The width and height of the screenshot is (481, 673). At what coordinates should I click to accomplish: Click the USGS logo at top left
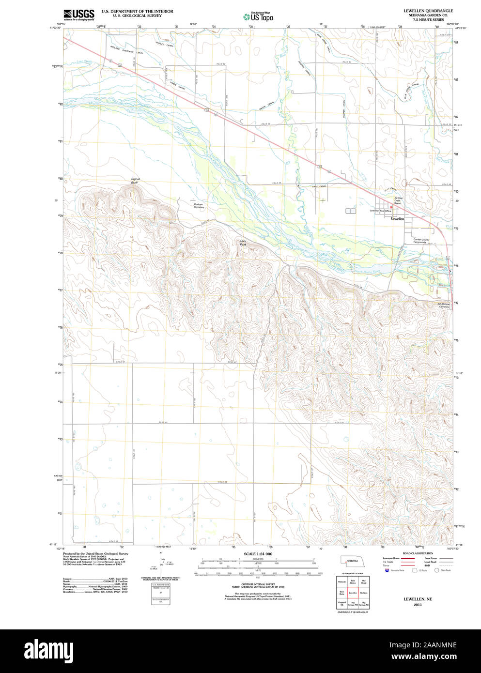click(x=78, y=14)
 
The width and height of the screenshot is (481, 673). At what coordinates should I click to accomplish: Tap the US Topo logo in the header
click(x=258, y=16)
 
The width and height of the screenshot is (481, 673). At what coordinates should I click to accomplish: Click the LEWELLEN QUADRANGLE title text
click(x=428, y=11)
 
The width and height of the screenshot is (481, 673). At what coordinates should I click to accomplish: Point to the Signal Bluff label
click(x=135, y=181)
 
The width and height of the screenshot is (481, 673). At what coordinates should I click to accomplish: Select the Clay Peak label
click(x=243, y=243)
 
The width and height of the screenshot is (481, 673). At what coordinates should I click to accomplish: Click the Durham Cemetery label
click(x=199, y=206)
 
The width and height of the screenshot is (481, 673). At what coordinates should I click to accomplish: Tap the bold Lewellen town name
click(x=397, y=219)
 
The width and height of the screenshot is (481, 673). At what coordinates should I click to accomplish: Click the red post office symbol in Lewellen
click(x=391, y=207)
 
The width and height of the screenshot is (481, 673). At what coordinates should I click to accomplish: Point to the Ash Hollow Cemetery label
click(x=444, y=306)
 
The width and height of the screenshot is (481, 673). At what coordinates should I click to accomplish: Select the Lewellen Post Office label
click(x=380, y=211)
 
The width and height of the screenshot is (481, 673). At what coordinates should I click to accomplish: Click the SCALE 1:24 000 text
click(x=258, y=554)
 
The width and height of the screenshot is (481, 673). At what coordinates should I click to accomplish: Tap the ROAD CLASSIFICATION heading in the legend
click(x=418, y=553)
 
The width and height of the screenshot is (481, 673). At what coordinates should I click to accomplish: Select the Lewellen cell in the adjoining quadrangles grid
click(x=353, y=592)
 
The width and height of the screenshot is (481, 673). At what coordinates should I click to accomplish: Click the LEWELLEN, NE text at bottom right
click(x=418, y=599)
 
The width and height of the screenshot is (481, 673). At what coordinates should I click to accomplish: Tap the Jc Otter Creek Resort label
click(x=398, y=200)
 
